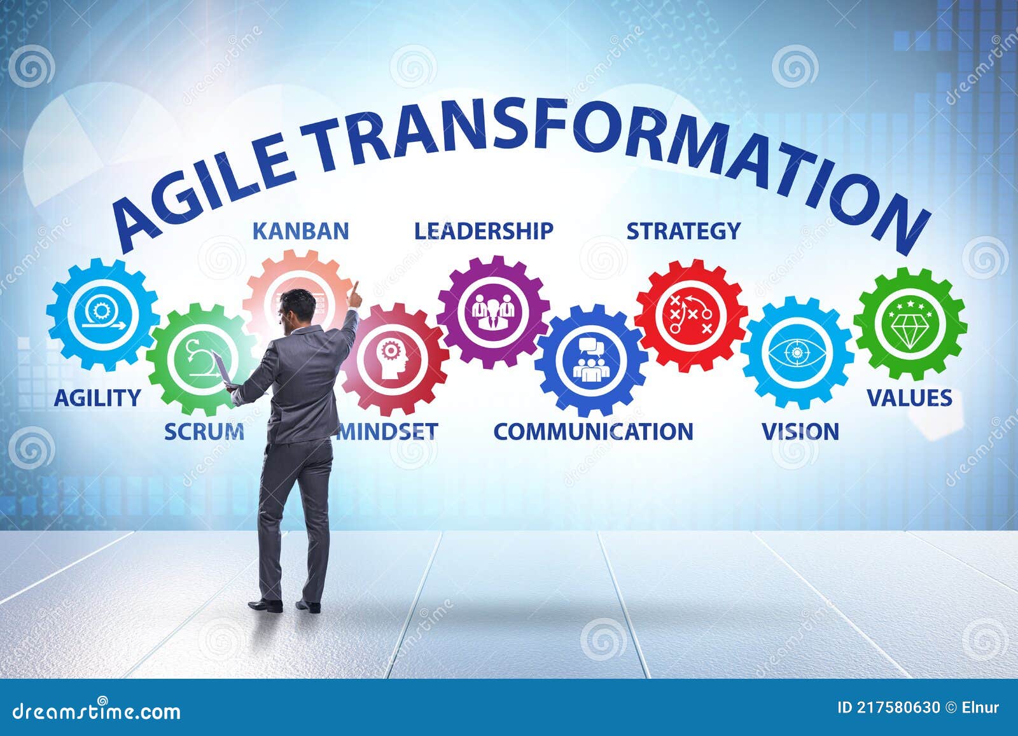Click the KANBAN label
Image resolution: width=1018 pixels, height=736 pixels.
click(x=301, y=231)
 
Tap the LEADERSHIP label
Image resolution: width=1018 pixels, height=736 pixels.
click(x=484, y=231)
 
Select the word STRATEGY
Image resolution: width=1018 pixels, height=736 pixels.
click(x=683, y=231)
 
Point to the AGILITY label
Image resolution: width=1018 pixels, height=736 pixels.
click(x=97, y=398)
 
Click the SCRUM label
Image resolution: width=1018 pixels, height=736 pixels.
click(x=204, y=431)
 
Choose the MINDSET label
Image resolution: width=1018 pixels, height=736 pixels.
click(x=388, y=431)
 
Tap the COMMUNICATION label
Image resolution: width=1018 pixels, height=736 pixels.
click(x=593, y=431)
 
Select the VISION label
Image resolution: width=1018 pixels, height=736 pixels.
click(x=800, y=431)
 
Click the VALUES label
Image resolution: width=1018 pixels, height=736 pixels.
click(x=910, y=398)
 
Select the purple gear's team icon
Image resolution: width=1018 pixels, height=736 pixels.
click(x=493, y=310)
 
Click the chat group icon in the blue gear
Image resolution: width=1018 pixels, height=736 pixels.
click(x=590, y=361)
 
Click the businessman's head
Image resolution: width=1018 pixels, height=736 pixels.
click(x=299, y=309)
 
